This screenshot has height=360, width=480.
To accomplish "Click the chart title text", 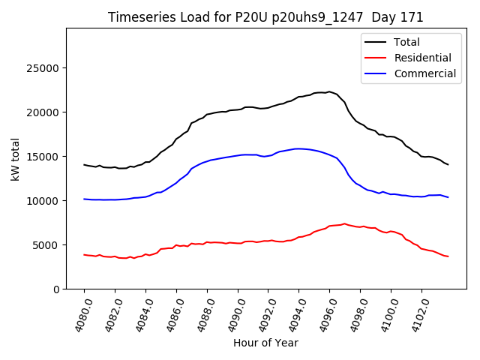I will click(x=265, y=17).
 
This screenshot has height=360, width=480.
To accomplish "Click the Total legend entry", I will click(x=407, y=42).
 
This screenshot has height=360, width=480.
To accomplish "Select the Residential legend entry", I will click(x=422, y=58).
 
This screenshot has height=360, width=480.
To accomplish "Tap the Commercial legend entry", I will click(x=424, y=73).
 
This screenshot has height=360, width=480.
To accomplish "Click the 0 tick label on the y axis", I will click(x=56, y=289).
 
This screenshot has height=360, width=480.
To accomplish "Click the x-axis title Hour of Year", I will click(x=265, y=343).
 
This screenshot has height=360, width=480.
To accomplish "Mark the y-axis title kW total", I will click(x=15, y=159).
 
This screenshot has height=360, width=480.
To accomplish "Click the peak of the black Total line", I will click(x=328, y=91).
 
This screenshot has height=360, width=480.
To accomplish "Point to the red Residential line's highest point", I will click(x=344, y=223).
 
